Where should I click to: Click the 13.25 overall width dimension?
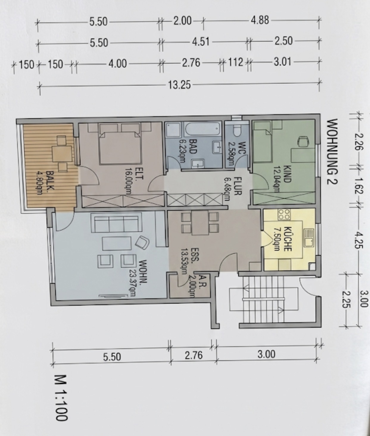pyautogui.click(x=179, y=85)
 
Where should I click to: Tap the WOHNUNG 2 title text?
pyautogui.click(x=332, y=151)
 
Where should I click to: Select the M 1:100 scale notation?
pyautogui.click(x=61, y=398)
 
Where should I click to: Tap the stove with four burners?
pyautogui.click(x=284, y=214)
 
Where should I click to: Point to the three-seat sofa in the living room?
pyautogui.click(x=116, y=223)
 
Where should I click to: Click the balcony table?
pyautogui.click(x=62, y=153)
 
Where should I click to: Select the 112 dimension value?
pyautogui.click(x=235, y=62)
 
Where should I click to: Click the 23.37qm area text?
pyautogui.click(x=133, y=279)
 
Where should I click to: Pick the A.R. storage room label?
pyautogui.click(x=203, y=280)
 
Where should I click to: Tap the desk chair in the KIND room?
pyautogui.click(x=303, y=140)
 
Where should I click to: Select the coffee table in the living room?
pyautogui.click(x=116, y=243)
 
